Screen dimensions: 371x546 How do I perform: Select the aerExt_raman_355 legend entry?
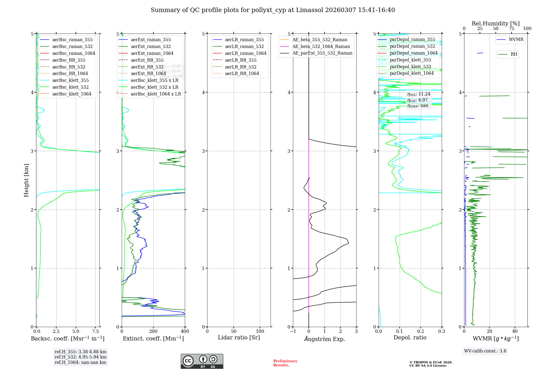click(x=151, y=40)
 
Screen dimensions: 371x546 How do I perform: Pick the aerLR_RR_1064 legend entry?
click(x=242, y=74)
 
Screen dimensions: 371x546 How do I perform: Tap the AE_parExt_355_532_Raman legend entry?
click(x=322, y=53)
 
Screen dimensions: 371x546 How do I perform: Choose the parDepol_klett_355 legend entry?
click(x=410, y=60)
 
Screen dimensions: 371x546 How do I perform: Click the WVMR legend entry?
click(x=516, y=40)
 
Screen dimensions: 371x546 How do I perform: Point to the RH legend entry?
click(x=514, y=54)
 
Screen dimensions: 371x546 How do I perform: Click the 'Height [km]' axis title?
click(x=26, y=180)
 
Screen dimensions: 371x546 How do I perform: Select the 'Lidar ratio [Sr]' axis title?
click(x=239, y=338)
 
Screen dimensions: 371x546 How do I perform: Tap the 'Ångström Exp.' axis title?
click(x=325, y=339)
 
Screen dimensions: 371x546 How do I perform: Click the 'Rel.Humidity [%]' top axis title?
click(x=495, y=23)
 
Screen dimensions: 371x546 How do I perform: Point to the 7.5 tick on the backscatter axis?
click(x=95, y=331)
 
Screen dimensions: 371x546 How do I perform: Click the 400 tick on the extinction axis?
click(x=185, y=331)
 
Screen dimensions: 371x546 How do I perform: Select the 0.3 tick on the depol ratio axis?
click(x=441, y=331)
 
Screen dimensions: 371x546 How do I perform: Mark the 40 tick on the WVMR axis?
click(x=515, y=331)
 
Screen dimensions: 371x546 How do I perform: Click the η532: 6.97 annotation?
click(x=417, y=100)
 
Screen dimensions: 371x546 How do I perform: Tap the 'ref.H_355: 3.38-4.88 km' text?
click(x=81, y=352)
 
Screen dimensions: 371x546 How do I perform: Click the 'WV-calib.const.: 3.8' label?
click(x=485, y=351)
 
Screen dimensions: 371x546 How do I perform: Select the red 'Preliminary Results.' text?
click(x=285, y=363)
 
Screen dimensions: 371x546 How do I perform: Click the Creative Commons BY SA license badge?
click(x=202, y=361)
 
